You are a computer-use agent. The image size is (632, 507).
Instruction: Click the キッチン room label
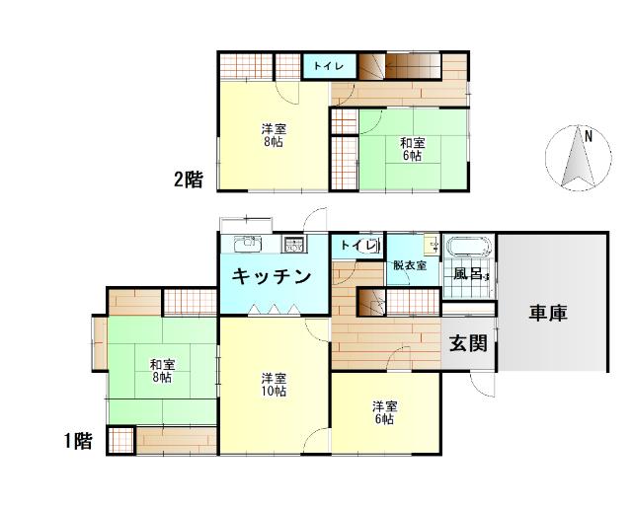pos(273,277)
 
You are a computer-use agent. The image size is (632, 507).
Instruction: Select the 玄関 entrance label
pos(467,344)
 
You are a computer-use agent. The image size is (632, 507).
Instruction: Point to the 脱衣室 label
pos(409,265)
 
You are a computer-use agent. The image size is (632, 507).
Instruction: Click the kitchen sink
pos(245,244)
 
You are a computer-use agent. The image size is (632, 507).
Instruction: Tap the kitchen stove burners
pos(294,246)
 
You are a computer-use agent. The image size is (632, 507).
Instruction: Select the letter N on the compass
pos(588,136)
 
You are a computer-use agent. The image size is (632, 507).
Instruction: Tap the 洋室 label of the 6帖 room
pos(385,406)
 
